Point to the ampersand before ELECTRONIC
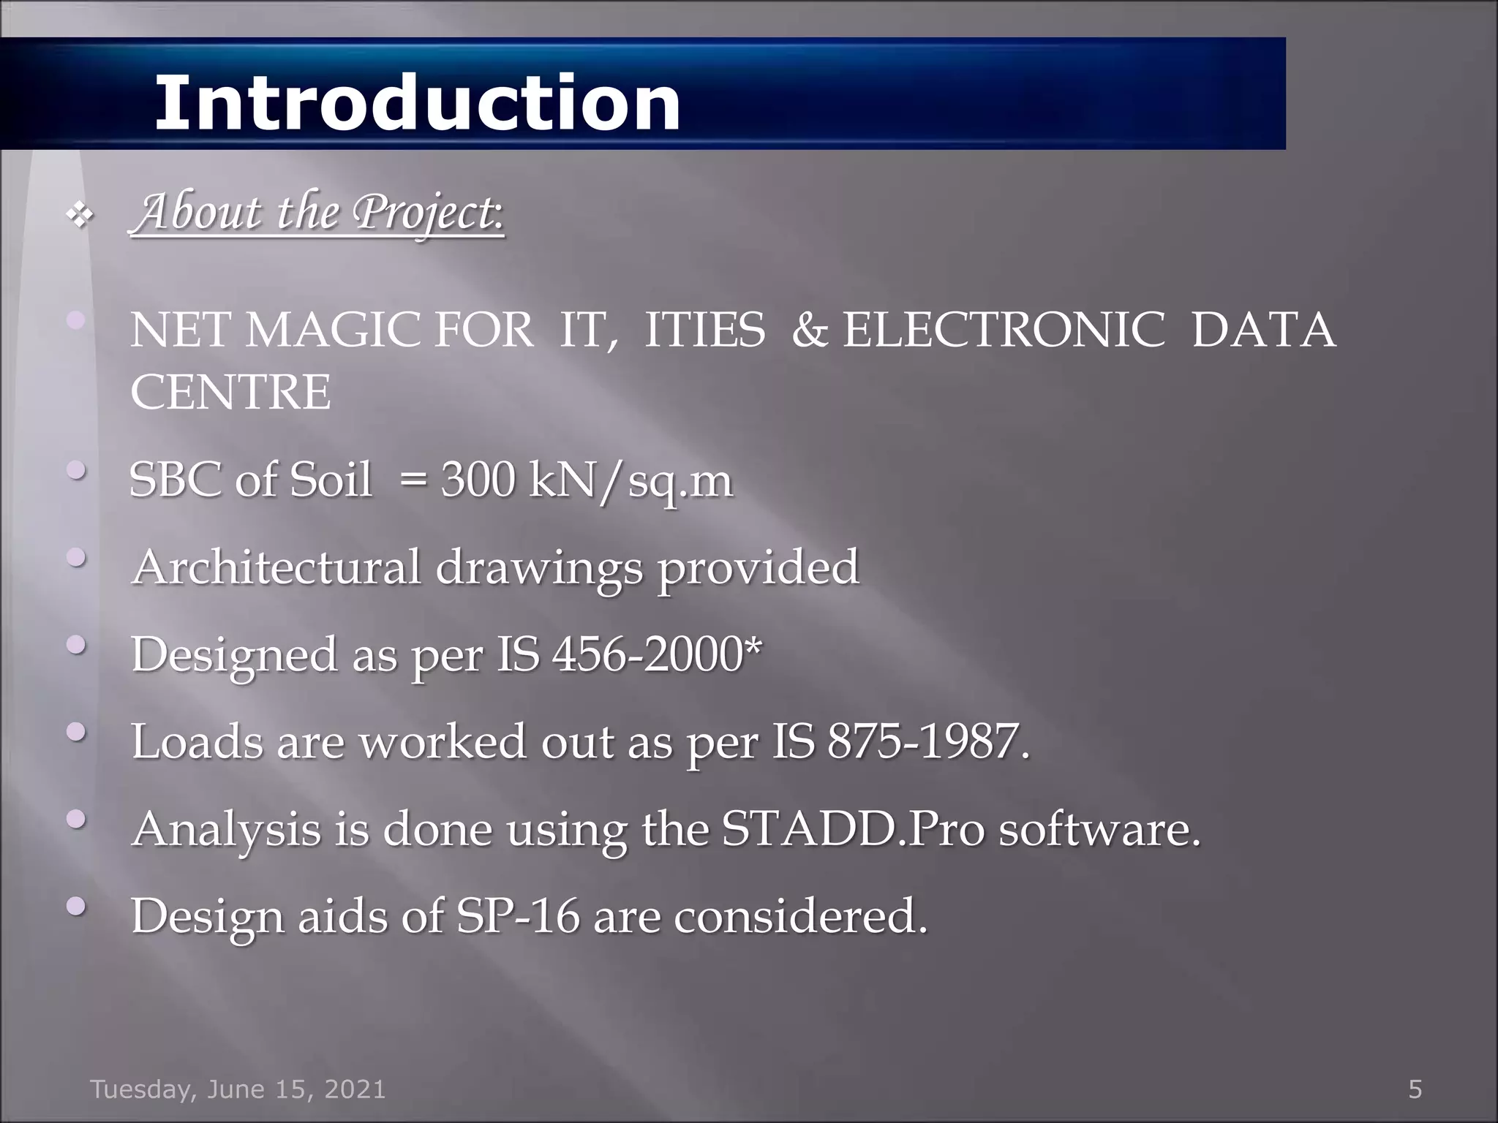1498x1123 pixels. click(810, 330)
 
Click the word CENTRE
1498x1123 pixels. click(230, 392)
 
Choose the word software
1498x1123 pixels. click(1099, 828)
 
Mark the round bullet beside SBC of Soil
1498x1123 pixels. click(77, 472)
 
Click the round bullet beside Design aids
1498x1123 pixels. click(77, 907)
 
